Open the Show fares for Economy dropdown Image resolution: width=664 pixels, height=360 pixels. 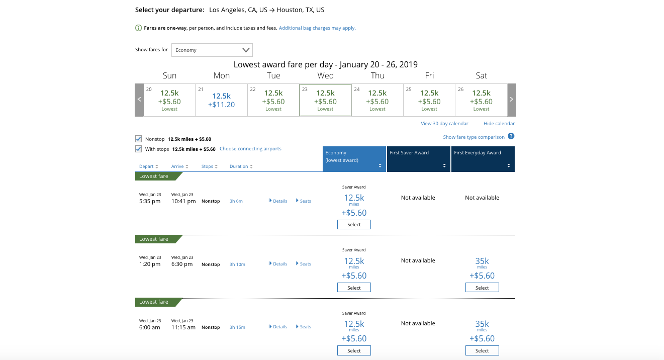[212, 50]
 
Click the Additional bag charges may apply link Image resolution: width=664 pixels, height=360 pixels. [317, 28]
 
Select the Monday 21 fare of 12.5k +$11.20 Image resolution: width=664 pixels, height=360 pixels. [221, 100]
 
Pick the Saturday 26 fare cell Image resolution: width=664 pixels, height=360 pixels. [481, 100]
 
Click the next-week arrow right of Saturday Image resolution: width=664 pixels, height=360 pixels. [512, 100]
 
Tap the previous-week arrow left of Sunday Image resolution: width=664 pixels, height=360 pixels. [139, 100]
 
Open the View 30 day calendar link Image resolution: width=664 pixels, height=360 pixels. [444, 124]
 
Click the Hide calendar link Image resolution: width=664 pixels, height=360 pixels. [499, 124]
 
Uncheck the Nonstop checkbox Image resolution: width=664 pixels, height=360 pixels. [139, 139]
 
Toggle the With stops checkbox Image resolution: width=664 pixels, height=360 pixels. [139, 149]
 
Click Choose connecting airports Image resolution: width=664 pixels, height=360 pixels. [250, 149]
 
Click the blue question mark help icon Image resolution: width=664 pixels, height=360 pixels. [511, 136]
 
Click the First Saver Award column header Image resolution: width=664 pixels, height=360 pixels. [418, 159]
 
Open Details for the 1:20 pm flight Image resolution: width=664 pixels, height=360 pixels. [278, 264]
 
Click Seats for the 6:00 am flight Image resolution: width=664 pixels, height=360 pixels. [304, 327]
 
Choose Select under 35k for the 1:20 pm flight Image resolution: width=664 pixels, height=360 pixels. [482, 288]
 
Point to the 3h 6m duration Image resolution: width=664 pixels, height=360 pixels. [236, 201]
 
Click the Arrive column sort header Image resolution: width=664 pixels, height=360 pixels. [179, 166]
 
